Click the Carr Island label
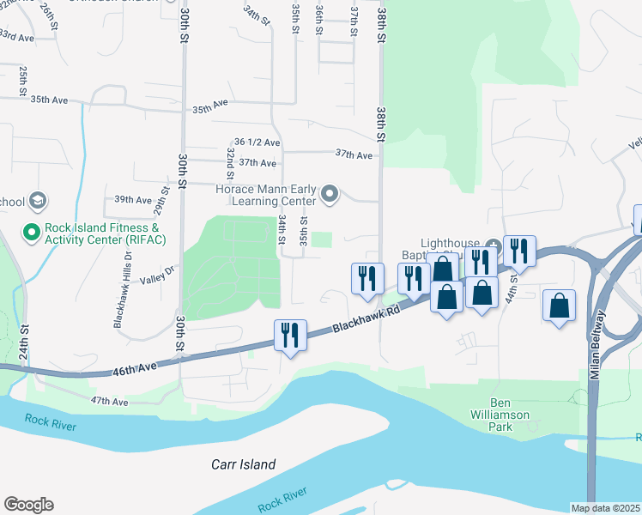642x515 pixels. tap(244, 464)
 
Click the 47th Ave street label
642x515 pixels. tap(109, 401)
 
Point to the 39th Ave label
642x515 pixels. tap(133, 199)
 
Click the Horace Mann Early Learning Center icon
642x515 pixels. tap(330, 196)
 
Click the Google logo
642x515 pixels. tap(28, 505)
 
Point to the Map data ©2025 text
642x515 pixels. tap(605, 507)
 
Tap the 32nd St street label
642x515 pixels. tap(231, 157)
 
